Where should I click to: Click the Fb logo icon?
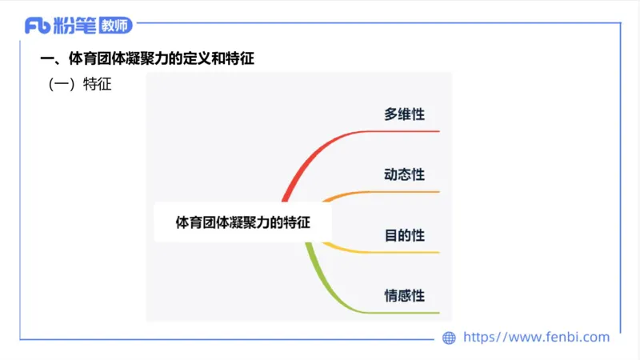(38, 26)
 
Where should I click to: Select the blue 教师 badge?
(116, 26)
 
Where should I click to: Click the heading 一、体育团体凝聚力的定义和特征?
(152, 59)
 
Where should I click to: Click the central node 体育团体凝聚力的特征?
(242, 222)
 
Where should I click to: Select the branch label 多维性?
(404, 114)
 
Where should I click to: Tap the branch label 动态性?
(404, 174)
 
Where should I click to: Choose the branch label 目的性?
(404, 235)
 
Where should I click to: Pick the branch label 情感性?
(404, 295)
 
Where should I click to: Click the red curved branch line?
(320, 152)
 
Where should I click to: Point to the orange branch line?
(384, 192)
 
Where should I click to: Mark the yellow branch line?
(384, 252)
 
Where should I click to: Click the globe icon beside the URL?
(450, 338)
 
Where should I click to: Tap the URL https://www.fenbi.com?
(537, 338)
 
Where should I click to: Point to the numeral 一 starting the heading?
(46, 59)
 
